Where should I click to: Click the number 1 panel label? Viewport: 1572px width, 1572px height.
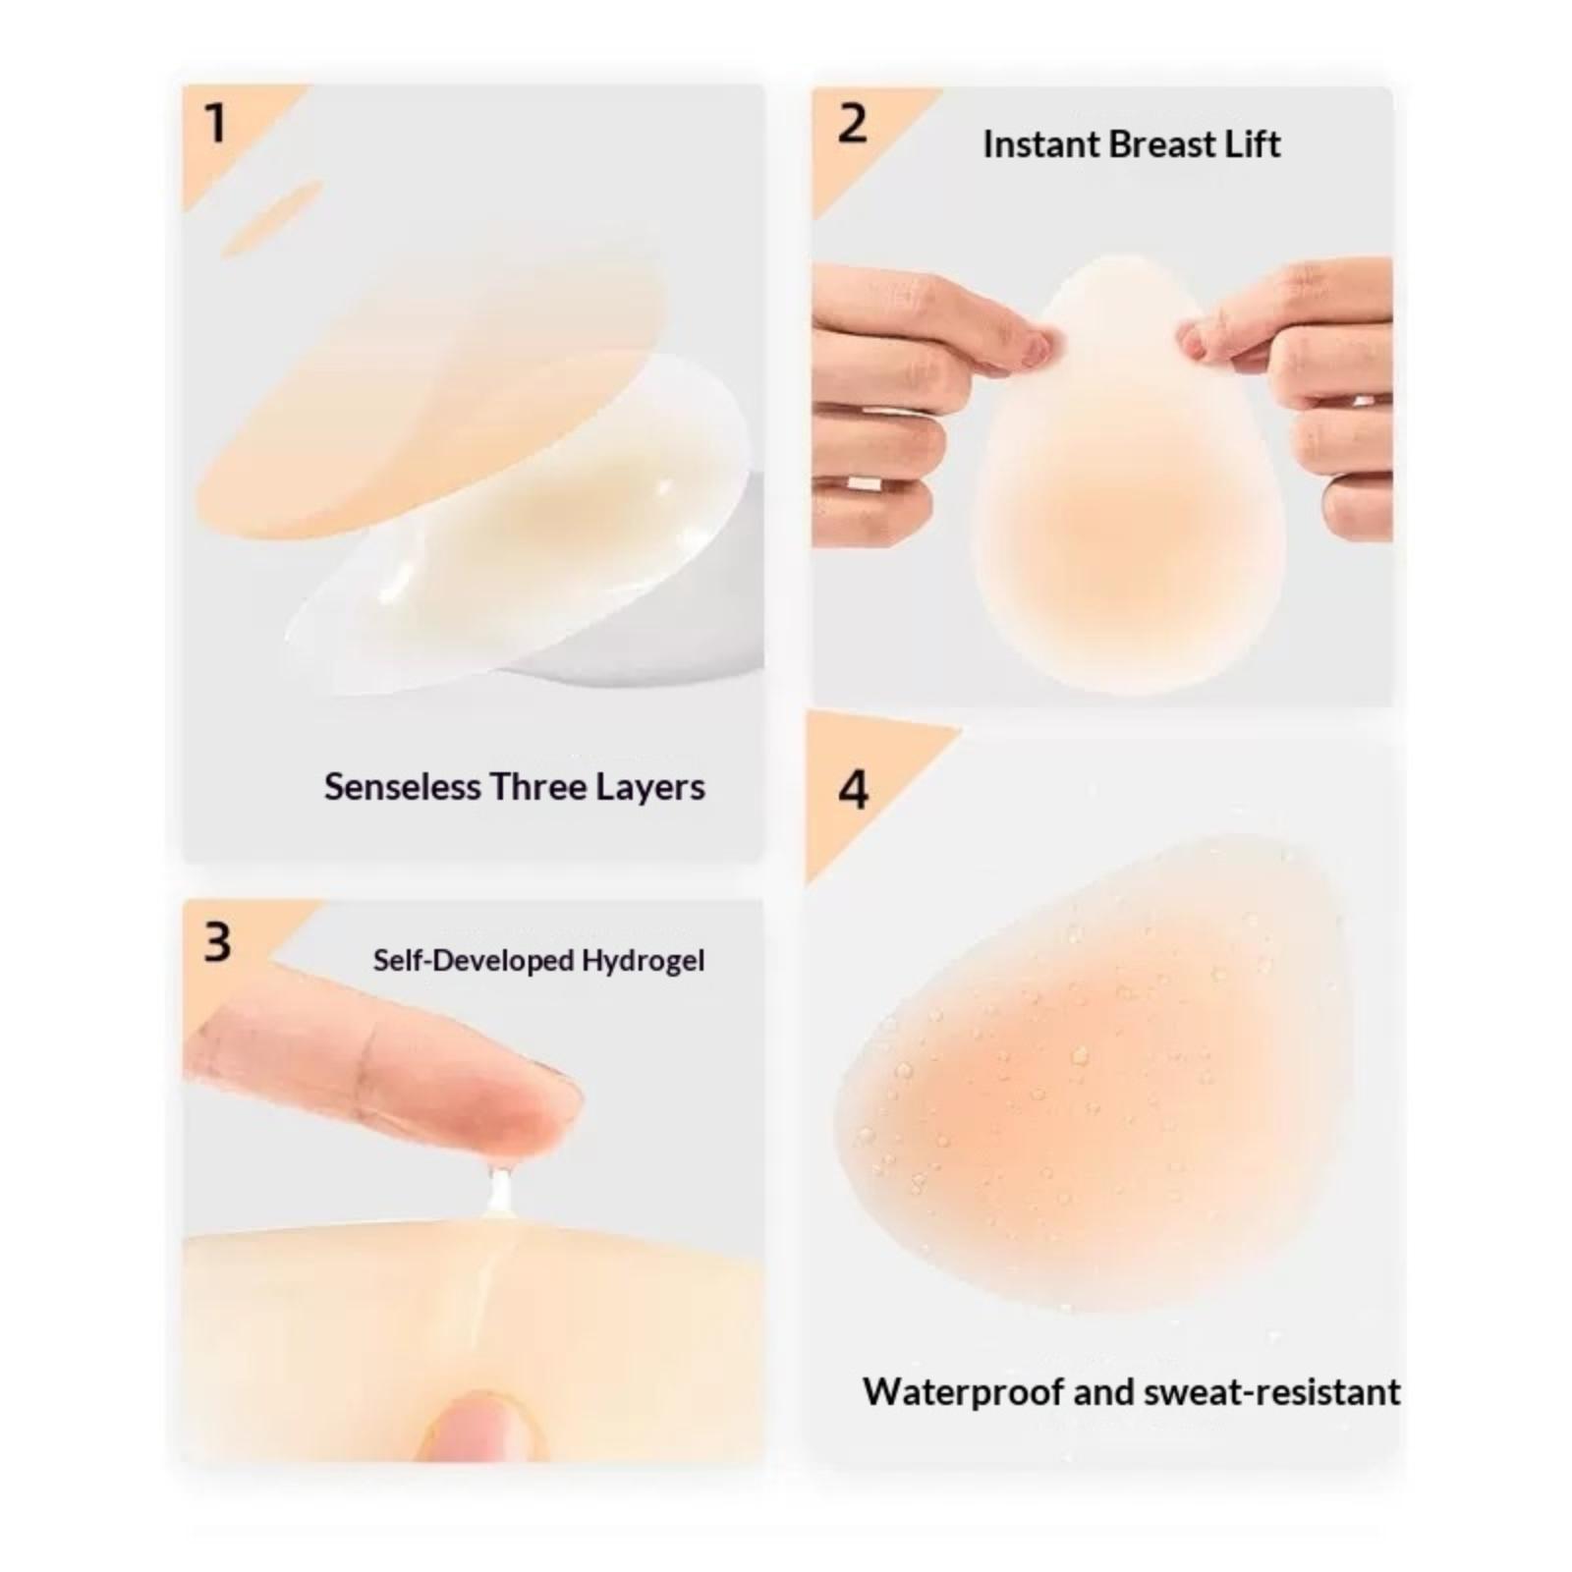tap(215, 124)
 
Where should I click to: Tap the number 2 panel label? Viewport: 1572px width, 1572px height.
tap(852, 125)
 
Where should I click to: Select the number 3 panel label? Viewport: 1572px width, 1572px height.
tap(217, 941)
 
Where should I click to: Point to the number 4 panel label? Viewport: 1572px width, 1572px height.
tap(853, 790)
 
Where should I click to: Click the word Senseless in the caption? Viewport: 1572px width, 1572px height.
tap(403, 787)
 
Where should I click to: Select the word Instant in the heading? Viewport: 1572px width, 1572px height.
tap(1041, 144)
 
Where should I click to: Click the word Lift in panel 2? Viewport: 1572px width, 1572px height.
tap(1252, 144)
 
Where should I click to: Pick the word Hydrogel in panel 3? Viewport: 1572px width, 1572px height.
tap(643, 961)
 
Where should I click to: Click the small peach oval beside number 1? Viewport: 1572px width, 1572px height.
tap(271, 219)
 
